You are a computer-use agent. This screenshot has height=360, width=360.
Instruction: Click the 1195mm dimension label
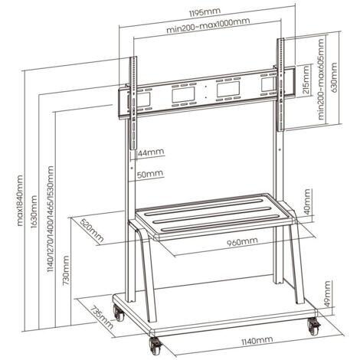point(205,12)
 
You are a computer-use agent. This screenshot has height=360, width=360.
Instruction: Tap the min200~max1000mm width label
point(208,25)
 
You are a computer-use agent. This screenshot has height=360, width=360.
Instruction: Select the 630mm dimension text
point(334,77)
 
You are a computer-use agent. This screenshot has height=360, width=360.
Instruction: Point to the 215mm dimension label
point(306,80)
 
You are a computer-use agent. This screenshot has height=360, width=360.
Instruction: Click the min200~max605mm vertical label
point(321,78)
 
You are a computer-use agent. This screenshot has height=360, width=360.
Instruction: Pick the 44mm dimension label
point(151,152)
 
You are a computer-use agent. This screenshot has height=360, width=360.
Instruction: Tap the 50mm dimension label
point(150,174)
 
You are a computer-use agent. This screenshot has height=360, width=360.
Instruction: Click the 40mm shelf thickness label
point(307,201)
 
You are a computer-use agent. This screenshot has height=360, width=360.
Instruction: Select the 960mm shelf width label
point(242,241)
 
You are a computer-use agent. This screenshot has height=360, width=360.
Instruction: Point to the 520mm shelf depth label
point(92,231)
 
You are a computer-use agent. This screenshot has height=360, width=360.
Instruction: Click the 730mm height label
point(65,270)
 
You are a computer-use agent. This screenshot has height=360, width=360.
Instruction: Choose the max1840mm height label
point(20,201)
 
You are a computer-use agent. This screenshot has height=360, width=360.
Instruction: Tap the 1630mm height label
point(34,212)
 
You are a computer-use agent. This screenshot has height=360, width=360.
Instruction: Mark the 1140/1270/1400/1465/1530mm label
point(51,219)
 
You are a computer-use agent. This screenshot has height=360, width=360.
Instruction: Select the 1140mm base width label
point(257,341)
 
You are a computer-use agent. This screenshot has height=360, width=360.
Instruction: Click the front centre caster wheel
point(155,345)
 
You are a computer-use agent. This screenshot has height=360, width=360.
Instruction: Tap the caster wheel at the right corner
point(314,326)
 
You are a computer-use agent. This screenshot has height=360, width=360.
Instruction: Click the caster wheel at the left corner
point(119,313)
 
